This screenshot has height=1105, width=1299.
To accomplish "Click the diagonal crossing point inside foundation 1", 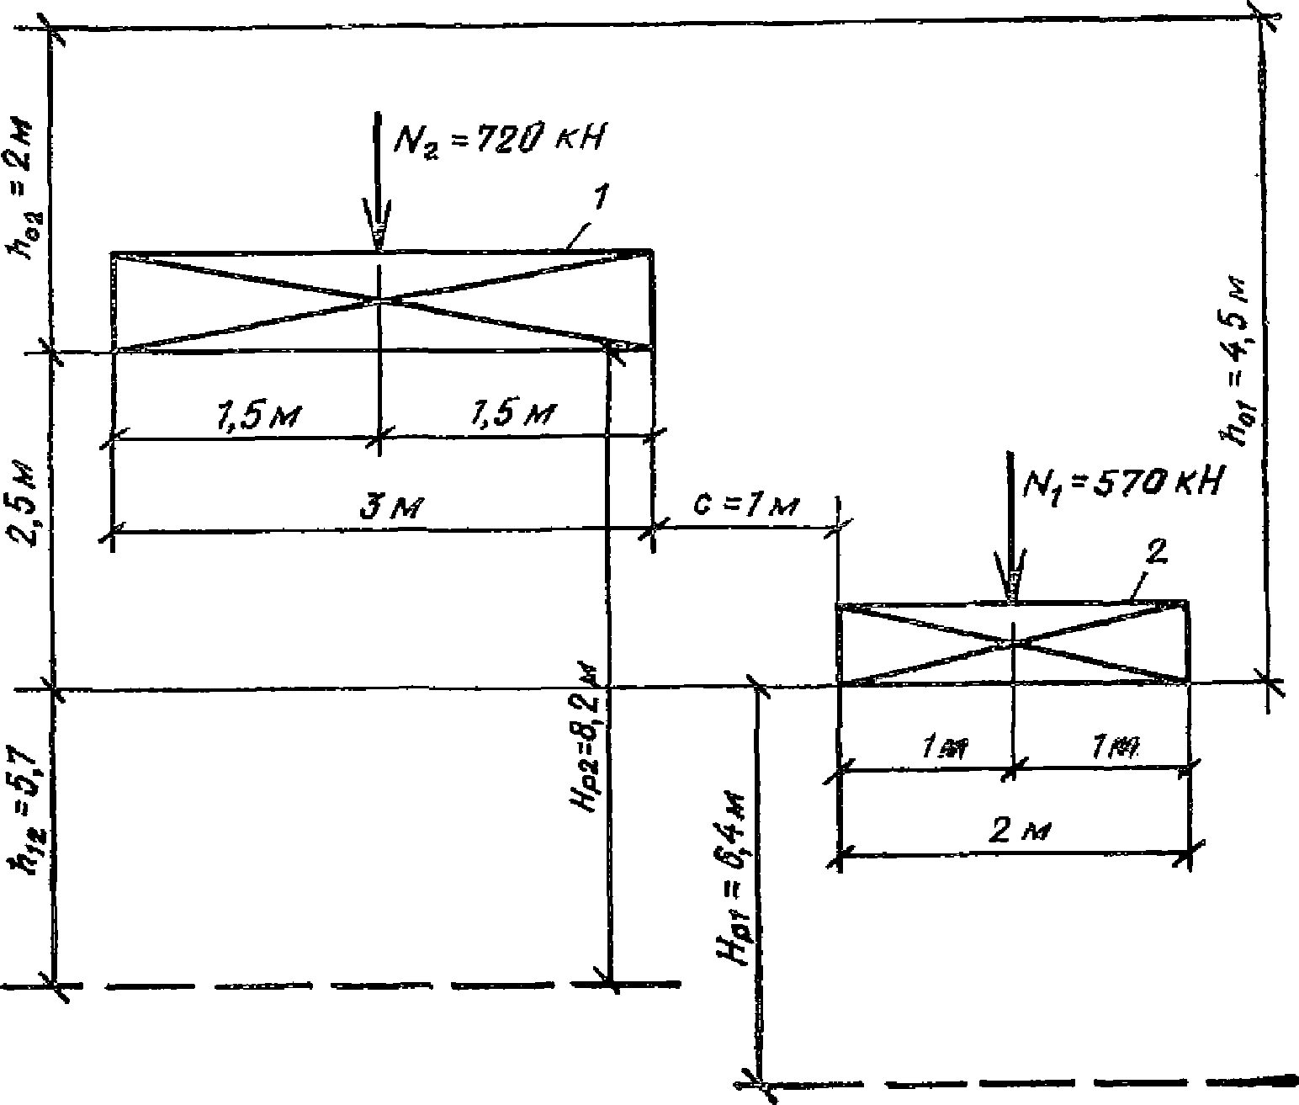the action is tap(381, 299).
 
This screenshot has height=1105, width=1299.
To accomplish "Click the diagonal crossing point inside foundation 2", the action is tap(1012, 644).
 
